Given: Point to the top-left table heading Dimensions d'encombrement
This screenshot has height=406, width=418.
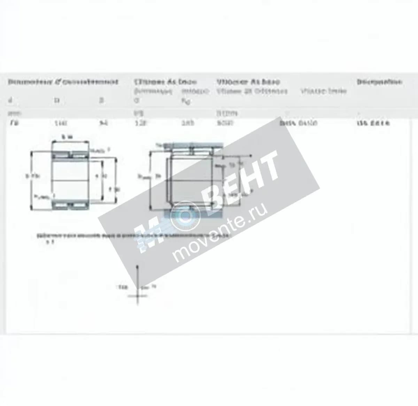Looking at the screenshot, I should [63, 82].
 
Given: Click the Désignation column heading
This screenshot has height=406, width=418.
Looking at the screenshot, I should [379, 82].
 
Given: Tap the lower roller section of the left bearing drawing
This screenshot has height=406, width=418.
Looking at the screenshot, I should [70, 206].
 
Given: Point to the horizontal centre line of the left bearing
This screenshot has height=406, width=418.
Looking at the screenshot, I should [70, 180].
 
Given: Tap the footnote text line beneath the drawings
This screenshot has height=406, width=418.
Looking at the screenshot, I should [132, 236].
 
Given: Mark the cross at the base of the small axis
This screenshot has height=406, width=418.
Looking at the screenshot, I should [138, 296].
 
